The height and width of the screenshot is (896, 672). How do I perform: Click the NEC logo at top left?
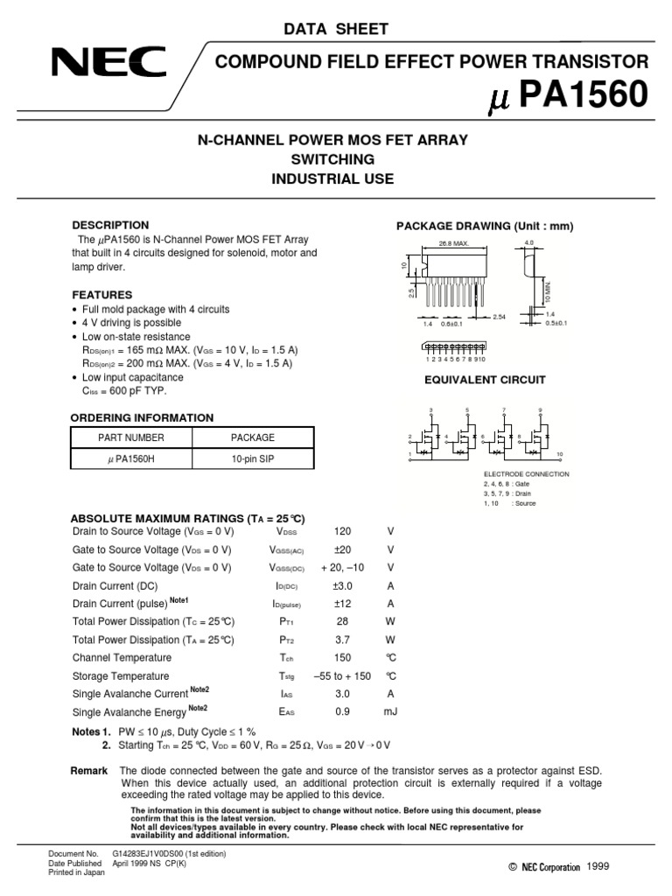click(x=108, y=64)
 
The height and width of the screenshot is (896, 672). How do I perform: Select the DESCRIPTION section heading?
click(x=110, y=225)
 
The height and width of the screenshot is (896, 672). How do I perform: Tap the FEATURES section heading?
click(x=102, y=295)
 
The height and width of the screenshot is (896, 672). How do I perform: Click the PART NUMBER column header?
click(x=130, y=437)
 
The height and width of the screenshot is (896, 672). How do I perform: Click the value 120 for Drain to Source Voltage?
click(x=342, y=531)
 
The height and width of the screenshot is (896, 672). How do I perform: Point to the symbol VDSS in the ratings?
click(x=286, y=532)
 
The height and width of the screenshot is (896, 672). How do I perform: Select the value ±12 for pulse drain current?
click(x=342, y=604)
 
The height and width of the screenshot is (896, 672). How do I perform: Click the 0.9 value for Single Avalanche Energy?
click(x=342, y=711)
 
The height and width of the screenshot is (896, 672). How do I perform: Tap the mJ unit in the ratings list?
click(x=390, y=711)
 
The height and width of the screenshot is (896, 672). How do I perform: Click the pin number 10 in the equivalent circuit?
click(x=559, y=454)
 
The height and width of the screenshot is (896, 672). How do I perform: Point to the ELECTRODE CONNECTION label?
click(x=526, y=474)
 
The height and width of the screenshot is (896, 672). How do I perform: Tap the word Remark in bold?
click(x=88, y=771)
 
